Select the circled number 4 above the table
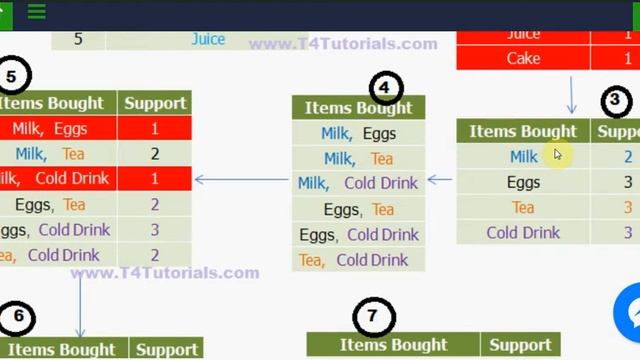pyautogui.click(x=384, y=87)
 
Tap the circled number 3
pyautogui.click(x=616, y=101)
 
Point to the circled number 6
pyautogui.click(x=18, y=318)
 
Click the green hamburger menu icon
pyautogui.click(x=37, y=12)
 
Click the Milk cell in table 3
pyautogui.click(x=523, y=157)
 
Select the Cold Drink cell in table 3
pyautogui.click(x=523, y=233)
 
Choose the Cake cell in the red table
pyautogui.click(x=523, y=59)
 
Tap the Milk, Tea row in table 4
pyautogui.click(x=358, y=159)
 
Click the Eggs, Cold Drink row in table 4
pyautogui.click(x=358, y=235)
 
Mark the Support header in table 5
pyautogui.click(x=154, y=103)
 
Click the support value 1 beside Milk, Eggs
pyautogui.click(x=155, y=129)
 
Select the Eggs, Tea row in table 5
pyautogui.click(x=50, y=205)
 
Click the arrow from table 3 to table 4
pyautogui.click(x=440, y=181)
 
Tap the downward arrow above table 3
pyautogui.click(x=571, y=96)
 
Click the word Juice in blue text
pyautogui.click(x=208, y=39)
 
